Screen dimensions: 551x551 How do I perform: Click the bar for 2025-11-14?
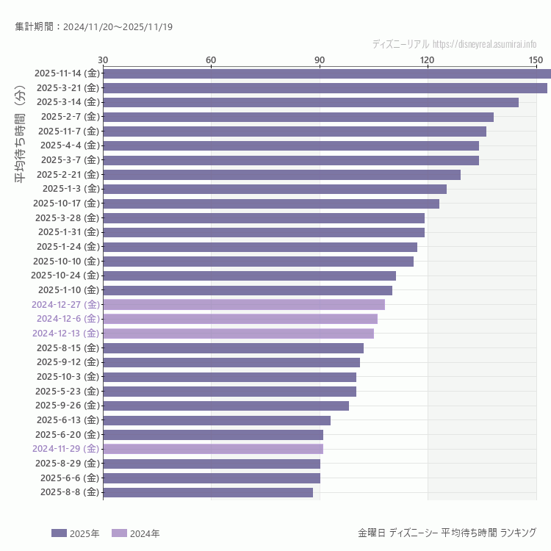pyautogui.click(x=327, y=73)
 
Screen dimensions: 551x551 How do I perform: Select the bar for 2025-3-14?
pyautogui.click(x=311, y=102)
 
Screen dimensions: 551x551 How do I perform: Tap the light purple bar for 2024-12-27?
pyautogui.click(x=244, y=304)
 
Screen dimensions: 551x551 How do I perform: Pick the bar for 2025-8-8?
pyautogui.click(x=208, y=492)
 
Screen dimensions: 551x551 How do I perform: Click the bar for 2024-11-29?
pyautogui.click(x=213, y=449)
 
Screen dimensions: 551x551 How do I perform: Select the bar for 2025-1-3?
pyautogui.click(x=275, y=189)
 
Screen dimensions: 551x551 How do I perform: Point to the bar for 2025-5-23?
pyautogui.click(x=229, y=391)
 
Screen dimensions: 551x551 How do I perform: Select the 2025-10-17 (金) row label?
pyautogui.click(x=66, y=204)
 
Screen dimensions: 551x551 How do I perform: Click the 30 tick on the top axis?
pyautogui.click(x=103, y=60)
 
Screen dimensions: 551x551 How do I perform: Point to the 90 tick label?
pyautogui.click(x=320, y=60)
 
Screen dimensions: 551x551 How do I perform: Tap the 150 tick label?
pyautogui.click(x=536, y=60)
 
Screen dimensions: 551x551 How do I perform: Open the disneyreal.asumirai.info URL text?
pyautogui.click(x=484, y=44)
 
